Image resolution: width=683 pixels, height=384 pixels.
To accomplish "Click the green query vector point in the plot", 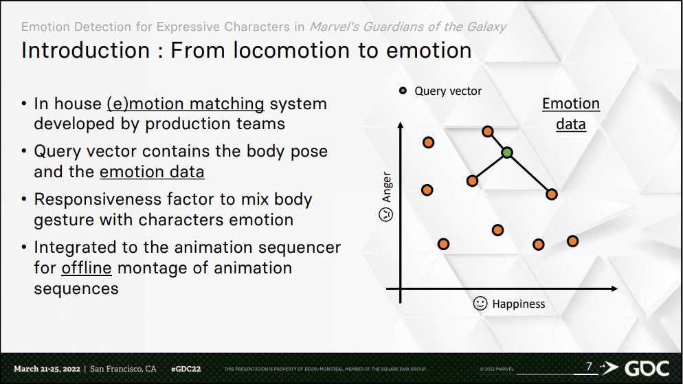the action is click(x=506, y=153).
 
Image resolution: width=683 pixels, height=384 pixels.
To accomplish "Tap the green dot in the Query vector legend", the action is click(x=403, y=91).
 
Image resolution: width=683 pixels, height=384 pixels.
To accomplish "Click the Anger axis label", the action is click(x=387, y=187).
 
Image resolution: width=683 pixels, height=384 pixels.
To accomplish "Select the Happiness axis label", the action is click(x=518, y=304).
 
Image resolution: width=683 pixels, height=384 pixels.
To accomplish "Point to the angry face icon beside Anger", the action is click(x=387, y=214).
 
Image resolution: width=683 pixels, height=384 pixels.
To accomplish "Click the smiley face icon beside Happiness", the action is click(x=480, y=303).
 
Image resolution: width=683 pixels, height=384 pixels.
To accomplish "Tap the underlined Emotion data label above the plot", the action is click(x=570, y=113).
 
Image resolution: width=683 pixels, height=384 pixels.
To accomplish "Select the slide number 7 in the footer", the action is click(x=589, y=368).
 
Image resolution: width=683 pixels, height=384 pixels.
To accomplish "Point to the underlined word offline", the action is click(x=87, y=268).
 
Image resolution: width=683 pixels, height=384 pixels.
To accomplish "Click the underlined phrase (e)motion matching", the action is click(x=185, y=104).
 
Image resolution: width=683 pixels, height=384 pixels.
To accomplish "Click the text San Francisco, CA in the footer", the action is click(x=124, y=369).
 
